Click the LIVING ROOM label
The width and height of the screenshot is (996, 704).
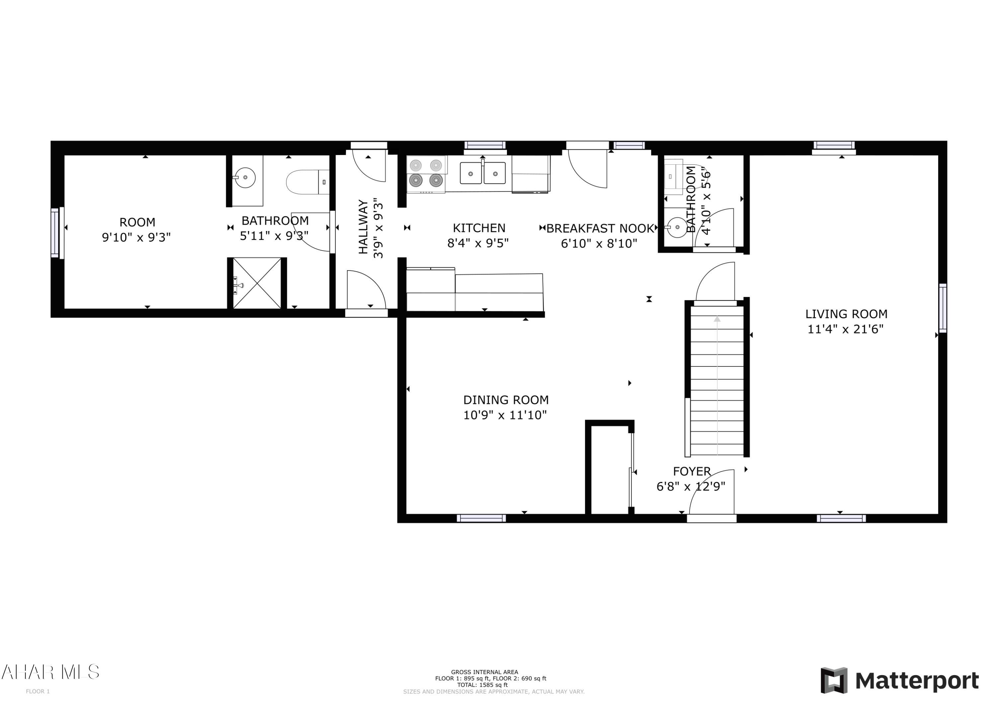846,314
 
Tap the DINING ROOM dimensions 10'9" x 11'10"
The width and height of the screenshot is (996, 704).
505,415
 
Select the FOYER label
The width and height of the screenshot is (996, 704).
692,471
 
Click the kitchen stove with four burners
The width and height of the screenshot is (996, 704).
426,174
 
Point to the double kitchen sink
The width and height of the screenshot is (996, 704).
482,173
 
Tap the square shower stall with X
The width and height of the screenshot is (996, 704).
257,283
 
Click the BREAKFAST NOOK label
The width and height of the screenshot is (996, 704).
600,229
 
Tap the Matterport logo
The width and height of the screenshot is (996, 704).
899,680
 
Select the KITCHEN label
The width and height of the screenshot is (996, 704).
479,228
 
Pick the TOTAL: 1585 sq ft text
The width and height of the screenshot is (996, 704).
482,685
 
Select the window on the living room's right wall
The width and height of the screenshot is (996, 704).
942,308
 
